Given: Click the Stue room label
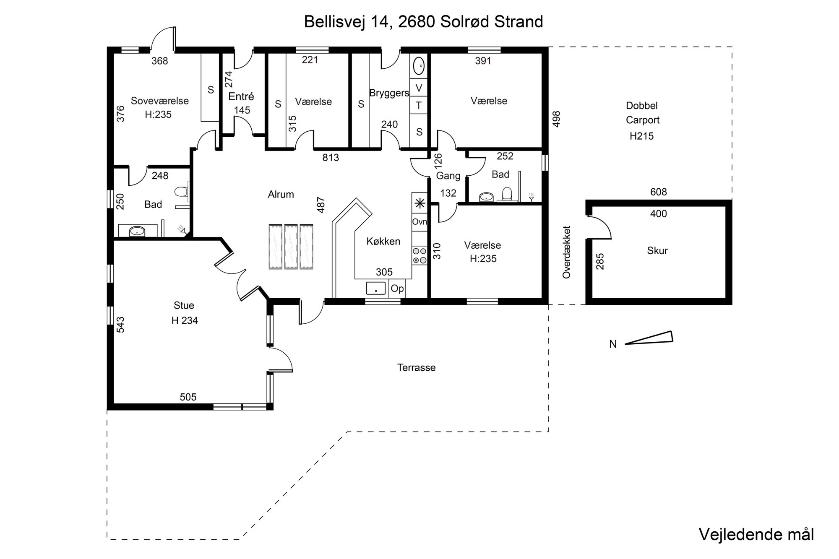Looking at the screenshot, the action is pyautogui.click(x=184, y=305).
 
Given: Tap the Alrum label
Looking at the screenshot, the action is pyautogui.click(x=281, y=194).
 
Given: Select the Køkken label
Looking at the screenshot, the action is pyautogui.click(x=383, y=241).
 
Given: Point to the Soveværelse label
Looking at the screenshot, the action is pyautogui.click(x=159, y=101).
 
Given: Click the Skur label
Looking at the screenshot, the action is pyautogui.click(x=657, y=250).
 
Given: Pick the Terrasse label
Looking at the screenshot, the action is pyautogui.click(x=416, y=367).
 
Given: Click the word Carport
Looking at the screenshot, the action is pyautogui.click(x=643, y=120).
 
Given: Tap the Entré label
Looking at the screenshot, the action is pyautogui.click(x=241, y=96).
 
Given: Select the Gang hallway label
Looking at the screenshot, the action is pyautogui.click(x=448, y=176).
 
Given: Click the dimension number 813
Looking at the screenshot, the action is pyautogui.click(x=331, y=158).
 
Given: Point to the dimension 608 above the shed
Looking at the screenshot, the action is pyautogui.click(x=658, y=192).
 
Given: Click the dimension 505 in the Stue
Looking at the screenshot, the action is pyautogui.click(x=188, y=397).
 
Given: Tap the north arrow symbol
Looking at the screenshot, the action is pyautogui.click(x=649, y=338).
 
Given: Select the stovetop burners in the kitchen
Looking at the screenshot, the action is pyautogui.click(x=419, y=255).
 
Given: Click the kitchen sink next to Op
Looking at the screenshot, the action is pyautogui.click(x=376, y=288).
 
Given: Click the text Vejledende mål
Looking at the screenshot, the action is pyautogui.click(x=756, y=534).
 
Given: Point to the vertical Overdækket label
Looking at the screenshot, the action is pyautogui.click(x=567, y=252).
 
